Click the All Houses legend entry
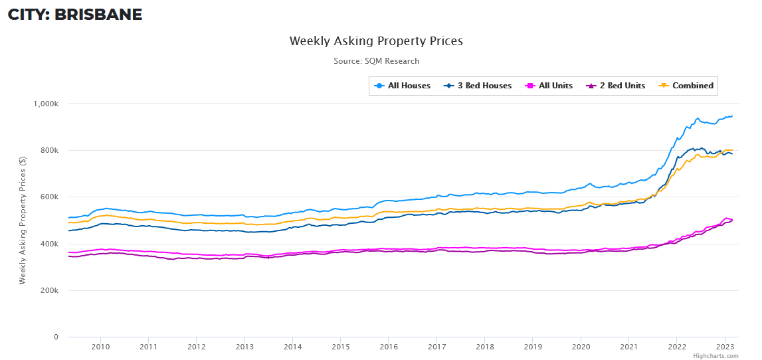403,86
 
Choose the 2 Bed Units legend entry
615,86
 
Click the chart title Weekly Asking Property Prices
376,41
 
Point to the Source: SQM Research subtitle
376,61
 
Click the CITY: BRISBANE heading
75,15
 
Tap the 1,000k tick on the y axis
47,104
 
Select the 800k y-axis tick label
50,150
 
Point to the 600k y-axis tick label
50,197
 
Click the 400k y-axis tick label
50,244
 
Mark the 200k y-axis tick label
50,291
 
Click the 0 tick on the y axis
56,337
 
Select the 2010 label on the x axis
100,347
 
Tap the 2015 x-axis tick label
341,347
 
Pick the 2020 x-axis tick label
581,347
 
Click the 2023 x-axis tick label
725,347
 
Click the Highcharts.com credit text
715,356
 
